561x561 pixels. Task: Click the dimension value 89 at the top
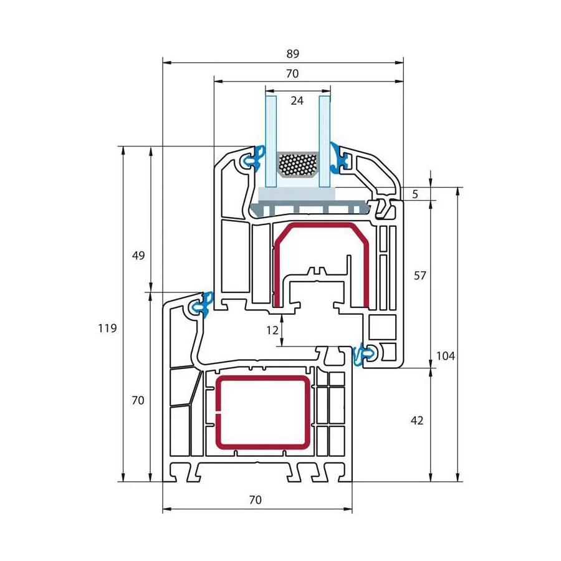click(x=293, y=54)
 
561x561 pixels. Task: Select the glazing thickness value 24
click(x=297, y=101)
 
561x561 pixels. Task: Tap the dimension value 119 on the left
click(x=107, y=328)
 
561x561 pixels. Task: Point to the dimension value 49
click(x=138, y=256)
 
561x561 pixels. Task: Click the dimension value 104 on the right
click(x=446, y=356)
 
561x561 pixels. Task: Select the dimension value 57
click(x=420, y=276)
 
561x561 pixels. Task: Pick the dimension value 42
click(x=417, y=420)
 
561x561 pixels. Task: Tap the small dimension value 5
click(x=415, y=194)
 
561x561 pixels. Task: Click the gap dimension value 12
click(x=272, y=330)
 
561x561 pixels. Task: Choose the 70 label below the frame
click(x=256, y=499)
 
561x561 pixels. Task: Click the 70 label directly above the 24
click(x=292, y=74)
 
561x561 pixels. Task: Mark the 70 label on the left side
click(x=138, y=400)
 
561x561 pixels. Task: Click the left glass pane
click(x=271, y=141)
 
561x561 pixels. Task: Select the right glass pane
click(x=325, y=141)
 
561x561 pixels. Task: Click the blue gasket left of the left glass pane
click(x=255, y=158)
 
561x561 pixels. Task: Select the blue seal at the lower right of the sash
click(x=365, y=355)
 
